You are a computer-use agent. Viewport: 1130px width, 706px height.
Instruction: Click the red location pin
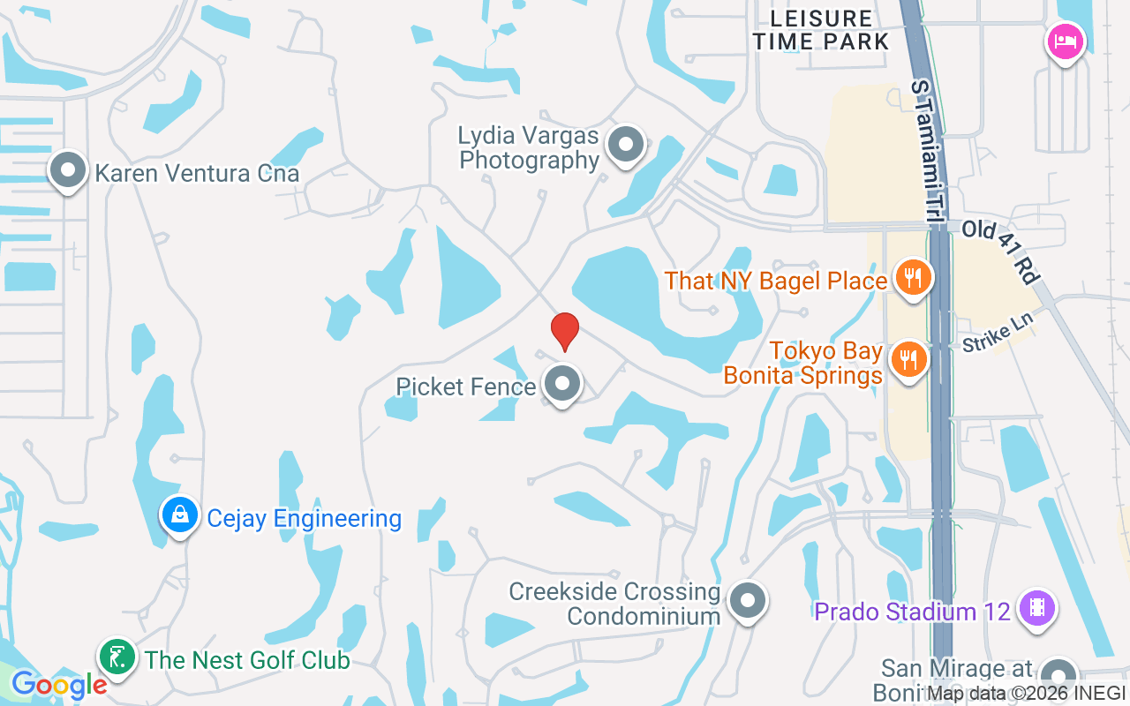click(565, 332)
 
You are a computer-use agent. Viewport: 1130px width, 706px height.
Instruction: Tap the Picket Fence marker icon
click(562, 384)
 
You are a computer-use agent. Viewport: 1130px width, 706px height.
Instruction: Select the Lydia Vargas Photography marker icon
click(626, 144)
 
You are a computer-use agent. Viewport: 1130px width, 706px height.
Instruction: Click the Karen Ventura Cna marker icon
click(68, 170)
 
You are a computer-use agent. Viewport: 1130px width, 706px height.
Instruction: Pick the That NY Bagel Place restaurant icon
click(913, 278)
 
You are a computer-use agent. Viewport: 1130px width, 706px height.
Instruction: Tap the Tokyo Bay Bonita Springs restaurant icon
click(908, 360)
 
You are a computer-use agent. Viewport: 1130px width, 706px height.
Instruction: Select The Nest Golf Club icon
click(117, 657)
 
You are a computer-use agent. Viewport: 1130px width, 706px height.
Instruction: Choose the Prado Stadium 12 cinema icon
click(1036, 608)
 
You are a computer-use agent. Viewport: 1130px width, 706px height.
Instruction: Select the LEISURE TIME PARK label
click(821, 29)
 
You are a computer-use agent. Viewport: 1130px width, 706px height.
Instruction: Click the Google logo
click(58, 685)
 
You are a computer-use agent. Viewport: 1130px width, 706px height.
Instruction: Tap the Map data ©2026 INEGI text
click(1026, 694)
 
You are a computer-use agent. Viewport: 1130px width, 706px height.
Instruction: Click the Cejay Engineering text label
click(304, 518)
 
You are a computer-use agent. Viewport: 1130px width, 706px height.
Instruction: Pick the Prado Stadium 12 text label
click(912, 612)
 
